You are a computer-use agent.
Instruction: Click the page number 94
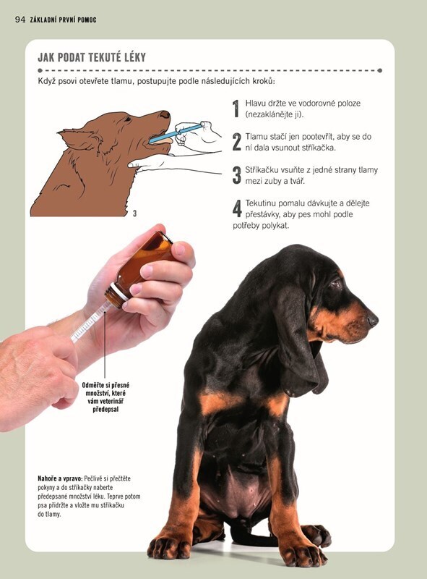pyautogui.click(x=20, y=20)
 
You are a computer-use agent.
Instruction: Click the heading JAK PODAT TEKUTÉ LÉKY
pyautogui.click(x=92, y=57)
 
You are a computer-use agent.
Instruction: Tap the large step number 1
pyautogui.click(x=236, y=109)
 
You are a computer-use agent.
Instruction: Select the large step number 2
pyautogui.click(x=236, y=142)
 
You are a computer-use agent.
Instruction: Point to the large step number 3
pyautogui.click(x=236, y=175)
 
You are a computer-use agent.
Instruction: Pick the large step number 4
pyautogui.click(x=237, y=208)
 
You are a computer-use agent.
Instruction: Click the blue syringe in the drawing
pyautogui.click(x=176, y=134)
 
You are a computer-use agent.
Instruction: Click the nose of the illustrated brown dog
pyautogui.click(x=165, y=114)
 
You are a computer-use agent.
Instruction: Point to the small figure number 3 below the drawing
pyautogui.click(x=134, y=214)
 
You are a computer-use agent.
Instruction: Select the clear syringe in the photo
pyautogui.click(x=90, y=321)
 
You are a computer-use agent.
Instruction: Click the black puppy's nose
pyautogui.click(x=372, y=320)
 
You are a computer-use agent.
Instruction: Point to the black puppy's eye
pyautogui.click(x=336, y=284)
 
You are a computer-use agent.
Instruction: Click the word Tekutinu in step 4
pyautogui.click(x=261, y=203)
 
